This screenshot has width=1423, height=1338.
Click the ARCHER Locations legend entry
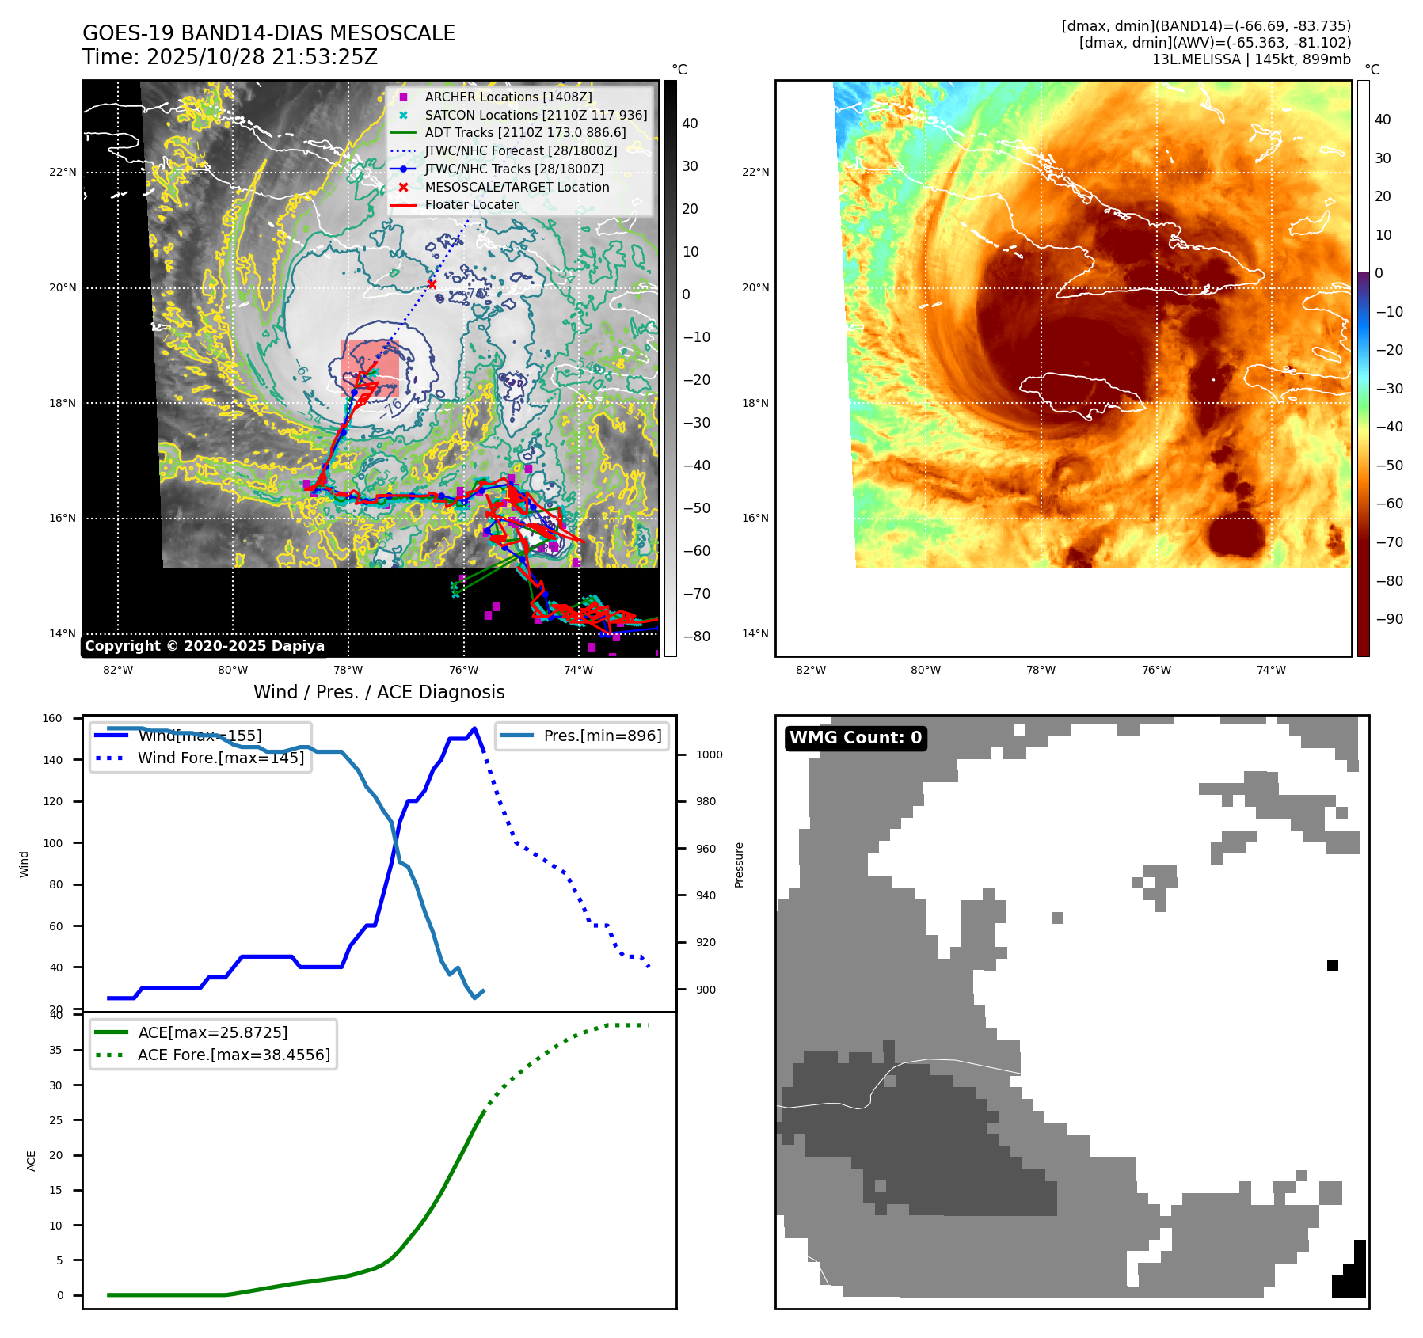tap(508, 97)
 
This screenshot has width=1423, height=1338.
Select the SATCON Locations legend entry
tap(535, 115)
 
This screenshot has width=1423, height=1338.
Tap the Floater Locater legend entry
tap(471, 204)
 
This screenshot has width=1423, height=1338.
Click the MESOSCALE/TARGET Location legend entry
tap(516, 187)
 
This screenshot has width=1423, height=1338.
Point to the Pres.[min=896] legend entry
tap(602, 736)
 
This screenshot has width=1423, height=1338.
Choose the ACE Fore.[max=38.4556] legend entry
tap(234, 1055)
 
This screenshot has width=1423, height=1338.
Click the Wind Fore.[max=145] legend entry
tap(220, 758)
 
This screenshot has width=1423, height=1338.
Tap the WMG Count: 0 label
tap(855, 738)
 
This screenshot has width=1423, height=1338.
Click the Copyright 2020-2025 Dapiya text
tap(204, 646)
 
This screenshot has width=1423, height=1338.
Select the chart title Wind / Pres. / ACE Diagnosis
tap(379, 692)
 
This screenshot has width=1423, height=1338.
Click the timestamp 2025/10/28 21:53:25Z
tap(262, 58)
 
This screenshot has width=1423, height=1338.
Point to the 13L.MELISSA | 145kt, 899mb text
tap(1251, 59)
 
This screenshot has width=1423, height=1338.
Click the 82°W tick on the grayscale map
tap(118, 670)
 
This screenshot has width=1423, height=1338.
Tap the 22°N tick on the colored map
tap(755, 172)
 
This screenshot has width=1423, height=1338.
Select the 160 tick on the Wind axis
tap(52, 718)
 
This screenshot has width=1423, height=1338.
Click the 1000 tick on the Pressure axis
tap(709, 755)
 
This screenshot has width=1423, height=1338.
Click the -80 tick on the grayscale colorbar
tap(697, 636)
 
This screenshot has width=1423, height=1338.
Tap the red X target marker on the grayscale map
tap(432, 284)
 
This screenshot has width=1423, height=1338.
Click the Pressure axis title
tap(739, 865)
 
